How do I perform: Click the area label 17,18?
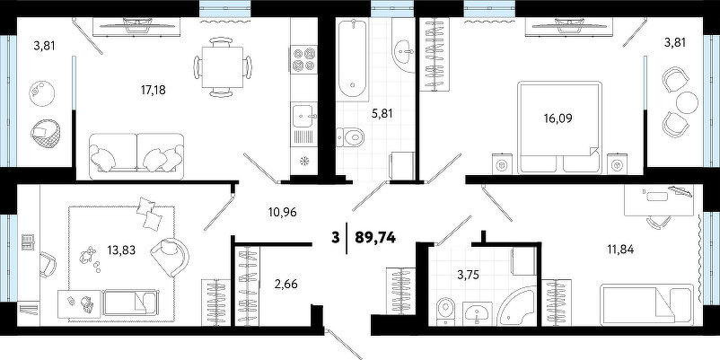click(153, 90)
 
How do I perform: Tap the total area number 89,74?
click(375, 237)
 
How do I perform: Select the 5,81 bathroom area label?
click(382, 113)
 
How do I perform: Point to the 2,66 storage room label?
click(286, 285)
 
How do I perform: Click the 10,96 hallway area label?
click(283, 212)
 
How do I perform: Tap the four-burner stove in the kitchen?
click(304, 58)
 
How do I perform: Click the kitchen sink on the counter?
click(304, 116)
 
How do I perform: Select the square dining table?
click(223, 67)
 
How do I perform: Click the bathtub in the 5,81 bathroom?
click(353, 59)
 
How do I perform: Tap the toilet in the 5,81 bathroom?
click(350, 136)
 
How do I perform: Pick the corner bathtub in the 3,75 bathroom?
click(517, 307)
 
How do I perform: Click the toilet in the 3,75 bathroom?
click(445, 311)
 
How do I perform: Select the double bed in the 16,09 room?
click(558, 127)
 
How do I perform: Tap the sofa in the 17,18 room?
click(136, 156)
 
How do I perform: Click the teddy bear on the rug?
click(87, 255)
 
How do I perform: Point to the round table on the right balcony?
click(687, 102)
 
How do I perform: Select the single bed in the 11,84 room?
click(646, 303)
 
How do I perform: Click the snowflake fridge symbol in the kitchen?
click(304, 161)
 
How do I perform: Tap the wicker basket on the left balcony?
click(45, 134)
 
